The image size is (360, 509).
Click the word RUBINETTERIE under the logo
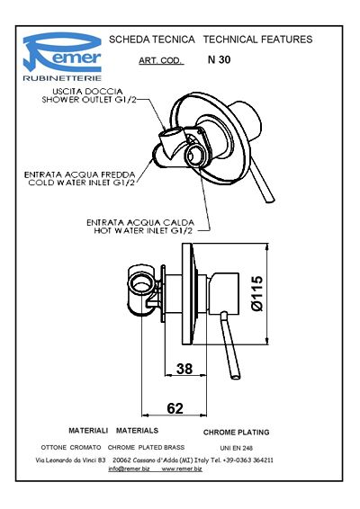(62, 78)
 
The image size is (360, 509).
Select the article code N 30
(219, 59)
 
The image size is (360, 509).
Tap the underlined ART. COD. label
(161, 61)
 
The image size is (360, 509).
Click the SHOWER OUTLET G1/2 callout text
(89, 100)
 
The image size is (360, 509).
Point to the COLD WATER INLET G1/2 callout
(81, 183)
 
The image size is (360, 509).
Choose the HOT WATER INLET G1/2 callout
(143, 231)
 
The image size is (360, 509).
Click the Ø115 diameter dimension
(257, 293)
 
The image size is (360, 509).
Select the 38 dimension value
(184, 369)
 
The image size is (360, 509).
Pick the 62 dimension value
(175, 408)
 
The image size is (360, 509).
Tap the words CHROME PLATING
(236, 433)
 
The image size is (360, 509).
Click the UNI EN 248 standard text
(236, 448)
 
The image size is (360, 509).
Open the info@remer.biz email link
(129, 469)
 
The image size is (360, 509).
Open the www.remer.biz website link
(182, 469)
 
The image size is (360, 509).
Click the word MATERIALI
(88, 431)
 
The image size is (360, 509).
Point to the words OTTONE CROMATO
(71, 447)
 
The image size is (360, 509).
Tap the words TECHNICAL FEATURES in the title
(257, 40)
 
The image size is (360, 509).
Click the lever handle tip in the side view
(235, 377)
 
